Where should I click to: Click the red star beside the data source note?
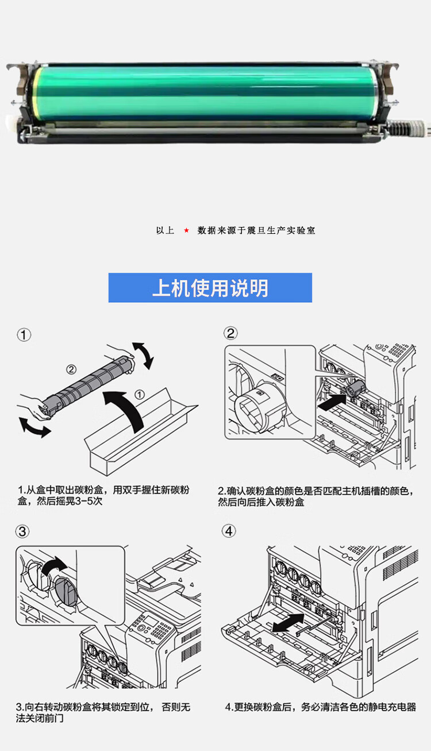point(186,230)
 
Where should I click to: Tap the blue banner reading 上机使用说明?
point(210,288)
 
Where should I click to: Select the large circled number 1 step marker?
point(24,335)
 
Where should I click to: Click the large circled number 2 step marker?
point(231,334)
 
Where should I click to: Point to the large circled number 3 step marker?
point(22,532)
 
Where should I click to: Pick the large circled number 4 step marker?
point(229,531)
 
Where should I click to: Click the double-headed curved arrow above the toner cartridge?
point(144,355)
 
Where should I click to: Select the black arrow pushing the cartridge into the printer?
point(332,402)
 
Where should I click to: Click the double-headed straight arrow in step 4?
point(288,623)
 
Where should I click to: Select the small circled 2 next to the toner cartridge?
point(71,369)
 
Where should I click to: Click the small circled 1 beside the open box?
point(140,395)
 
